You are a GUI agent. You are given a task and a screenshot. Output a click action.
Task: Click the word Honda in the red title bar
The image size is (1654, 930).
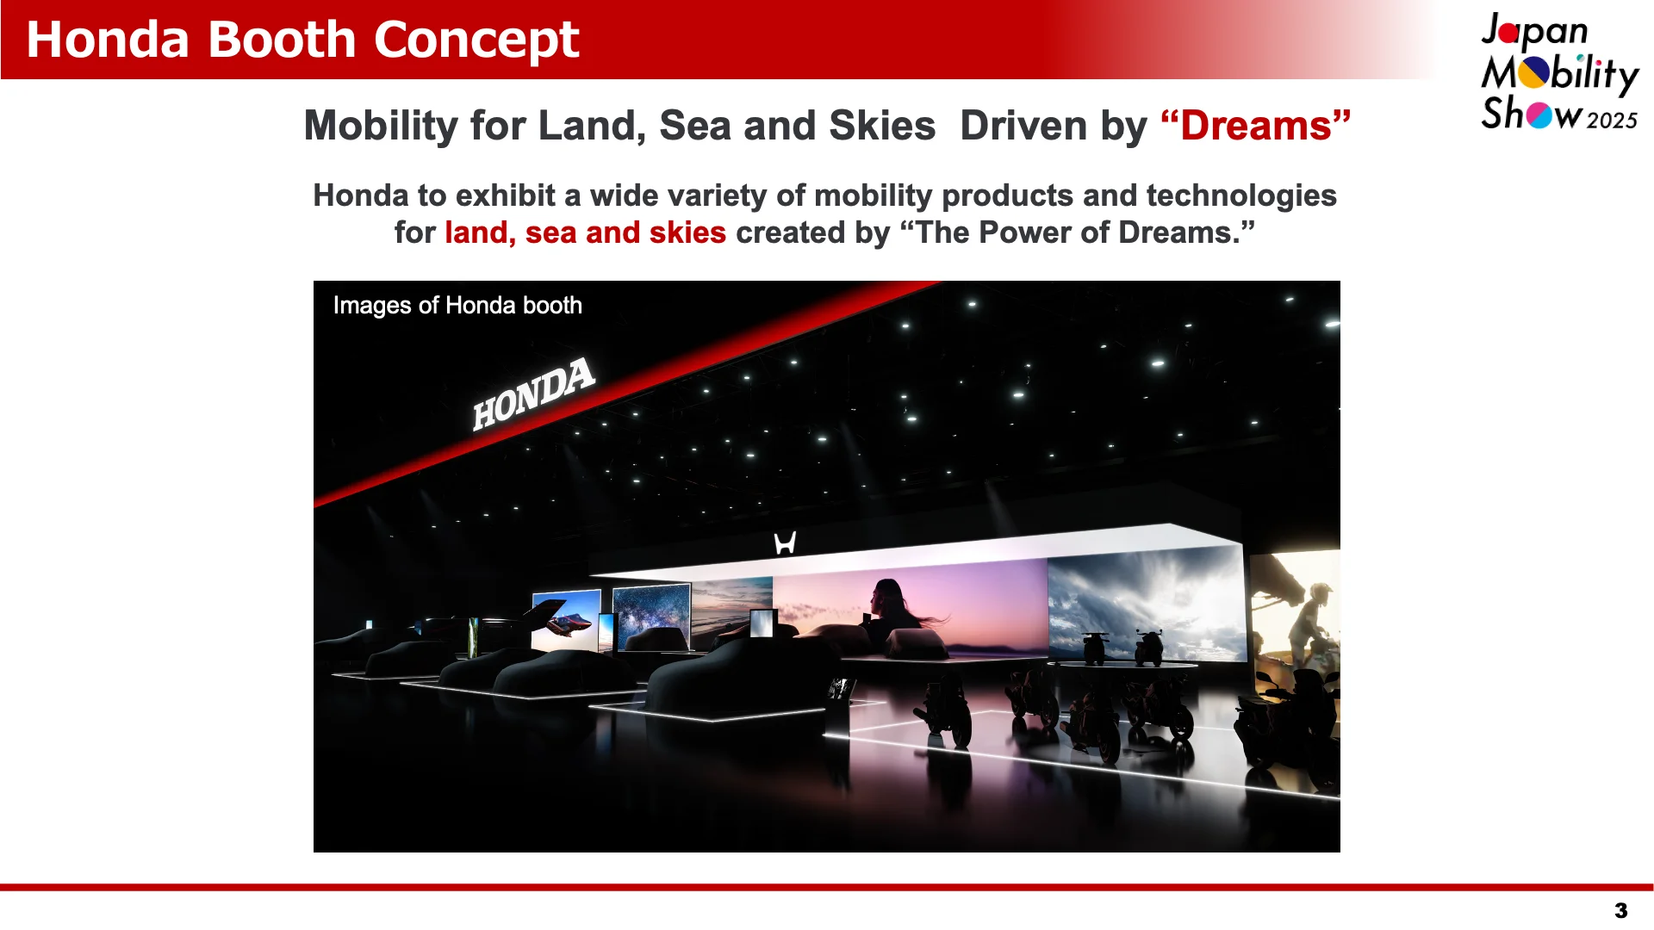pyautogui.click(x=108, y=40)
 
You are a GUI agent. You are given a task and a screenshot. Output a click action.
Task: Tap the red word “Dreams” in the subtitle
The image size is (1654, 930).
pyautogui.click(x=1256, y=126)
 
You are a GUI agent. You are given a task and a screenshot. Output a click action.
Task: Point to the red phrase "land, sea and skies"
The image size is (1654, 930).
pyautogui.click(x=586, y=232)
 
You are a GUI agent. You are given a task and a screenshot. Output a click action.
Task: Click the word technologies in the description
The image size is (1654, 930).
pyautogui.click(x=1241, y=196)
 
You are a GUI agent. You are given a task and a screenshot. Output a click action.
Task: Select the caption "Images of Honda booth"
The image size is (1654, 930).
pyautogui.click(x=457, y=306)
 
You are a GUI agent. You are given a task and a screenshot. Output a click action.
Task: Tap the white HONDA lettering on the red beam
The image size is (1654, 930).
pyautogui.click(x=534, y=394)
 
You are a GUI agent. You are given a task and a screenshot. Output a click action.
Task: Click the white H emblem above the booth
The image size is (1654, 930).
pyautogui.click(x=785, y=543)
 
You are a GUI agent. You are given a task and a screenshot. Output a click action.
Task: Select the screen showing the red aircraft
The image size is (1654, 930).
pyautogui.click(x=566, y=620)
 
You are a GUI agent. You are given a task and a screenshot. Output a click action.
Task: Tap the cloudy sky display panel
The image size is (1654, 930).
pyautogui.click(x=1147, y=605)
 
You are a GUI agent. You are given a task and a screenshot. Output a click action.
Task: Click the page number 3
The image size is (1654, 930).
pyautogui.click(x=1621, y=911)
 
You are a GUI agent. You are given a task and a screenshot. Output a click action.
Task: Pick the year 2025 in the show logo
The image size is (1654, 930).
pyautogui.click(x=1612, y=121)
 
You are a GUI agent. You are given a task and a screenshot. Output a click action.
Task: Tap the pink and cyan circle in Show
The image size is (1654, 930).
pyautogui.click(x=1539, y=115)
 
